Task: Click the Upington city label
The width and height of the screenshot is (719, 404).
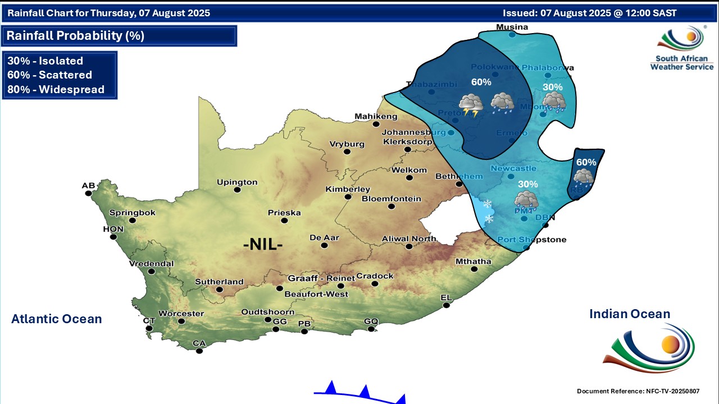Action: [238, 182]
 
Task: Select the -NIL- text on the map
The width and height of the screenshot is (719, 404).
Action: [263, 245]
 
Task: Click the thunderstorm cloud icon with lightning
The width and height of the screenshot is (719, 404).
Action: [471, 105]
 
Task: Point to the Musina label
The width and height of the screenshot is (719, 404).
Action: [512, 27]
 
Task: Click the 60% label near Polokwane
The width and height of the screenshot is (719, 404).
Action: [481, 82]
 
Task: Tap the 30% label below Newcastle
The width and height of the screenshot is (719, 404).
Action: [527, 184]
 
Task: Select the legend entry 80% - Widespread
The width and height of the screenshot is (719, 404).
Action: [56, 89]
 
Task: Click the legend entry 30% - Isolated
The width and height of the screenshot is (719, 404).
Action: [45, 61]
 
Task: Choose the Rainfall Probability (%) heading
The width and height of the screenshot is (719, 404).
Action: [75, 36]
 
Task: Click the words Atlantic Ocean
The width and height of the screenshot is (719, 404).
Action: [57, 319]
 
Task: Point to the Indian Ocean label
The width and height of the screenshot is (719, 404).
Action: [630, 314]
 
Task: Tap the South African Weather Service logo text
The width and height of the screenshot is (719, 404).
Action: [682, 63]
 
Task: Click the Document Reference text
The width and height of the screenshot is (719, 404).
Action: [638, 391]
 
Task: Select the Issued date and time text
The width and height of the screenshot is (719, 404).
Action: [590, 13]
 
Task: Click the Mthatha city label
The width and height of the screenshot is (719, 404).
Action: [473, 261]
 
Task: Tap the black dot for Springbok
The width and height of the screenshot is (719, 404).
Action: [133, 221]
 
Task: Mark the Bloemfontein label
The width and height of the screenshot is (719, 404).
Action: [392, 199]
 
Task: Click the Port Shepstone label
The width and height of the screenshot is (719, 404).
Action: [532, 240]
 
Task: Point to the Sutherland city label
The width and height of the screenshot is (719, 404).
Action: [219, 282]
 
